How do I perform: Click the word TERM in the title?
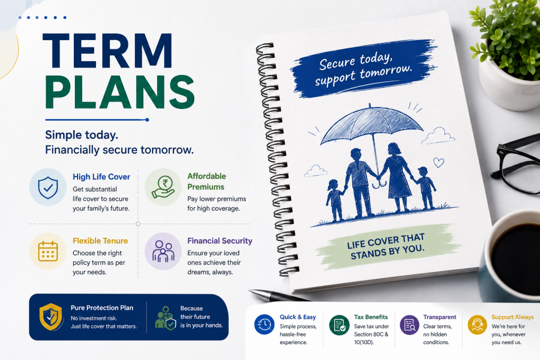click(x=108, y=51)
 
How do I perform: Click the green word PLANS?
click(x=120, y=92)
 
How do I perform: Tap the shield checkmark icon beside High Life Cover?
click(x=48, y=187)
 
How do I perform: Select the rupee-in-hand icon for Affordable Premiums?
click(x=163, y=187)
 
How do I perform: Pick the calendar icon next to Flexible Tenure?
click(x=48, y=251)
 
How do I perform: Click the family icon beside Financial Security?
click(x=163, y=251)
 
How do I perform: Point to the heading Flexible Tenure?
click(x=100, y=241)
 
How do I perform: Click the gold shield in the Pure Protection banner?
click(x=51, y=317)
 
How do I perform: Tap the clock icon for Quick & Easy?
click(x=264, y=324)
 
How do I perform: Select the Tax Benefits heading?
click(x=371, y=317)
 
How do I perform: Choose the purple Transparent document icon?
click(x=409, y=325)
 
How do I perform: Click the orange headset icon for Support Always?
click(x=477, y=325)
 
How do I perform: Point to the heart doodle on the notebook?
click(x=438, y=162)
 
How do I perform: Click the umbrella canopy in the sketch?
click(x=372, y=124)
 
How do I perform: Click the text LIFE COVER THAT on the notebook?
click(x=385, y=241)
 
